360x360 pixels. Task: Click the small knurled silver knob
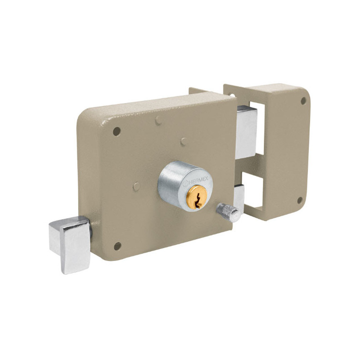point(229,212)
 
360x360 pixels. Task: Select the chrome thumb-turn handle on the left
point(70,244)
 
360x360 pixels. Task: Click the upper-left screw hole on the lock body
point(117,131)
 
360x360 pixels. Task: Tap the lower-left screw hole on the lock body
point(117,246)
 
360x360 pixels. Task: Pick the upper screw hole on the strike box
point(303,100)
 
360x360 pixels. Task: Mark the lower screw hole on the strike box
point(300,200)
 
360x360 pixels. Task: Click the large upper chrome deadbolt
point(247,132)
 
